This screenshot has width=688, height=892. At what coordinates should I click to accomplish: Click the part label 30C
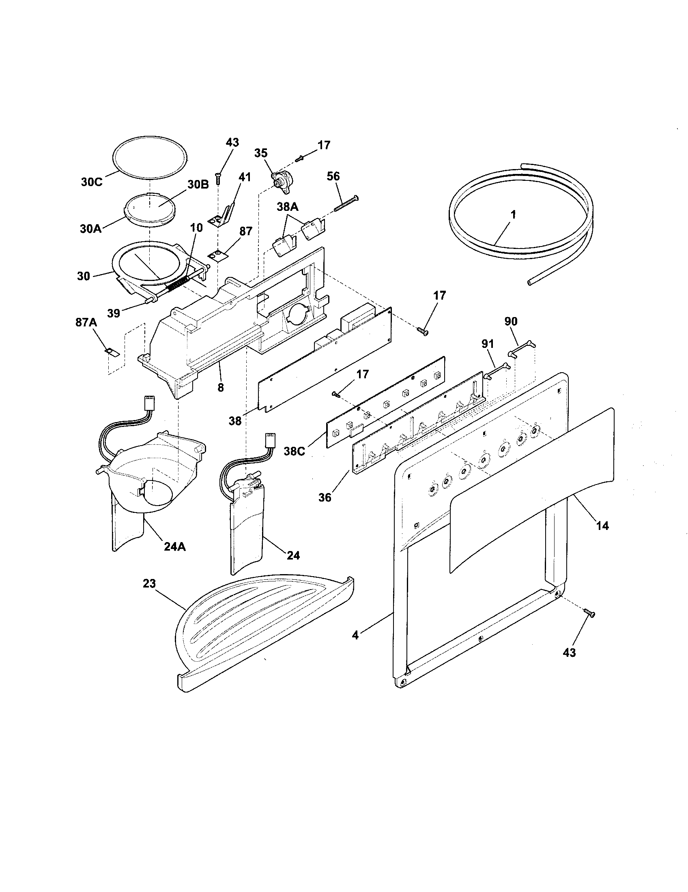[91, 182]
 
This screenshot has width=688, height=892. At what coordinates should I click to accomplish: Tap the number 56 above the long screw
[333, 176]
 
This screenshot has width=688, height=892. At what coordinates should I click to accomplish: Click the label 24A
[175, 547]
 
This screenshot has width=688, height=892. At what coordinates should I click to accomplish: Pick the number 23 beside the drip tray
[149, 583]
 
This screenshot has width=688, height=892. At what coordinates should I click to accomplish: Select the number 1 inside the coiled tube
[513, 214]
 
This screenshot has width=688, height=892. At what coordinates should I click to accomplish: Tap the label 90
[511, 322]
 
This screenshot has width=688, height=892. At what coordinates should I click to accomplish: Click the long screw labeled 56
[346, 204]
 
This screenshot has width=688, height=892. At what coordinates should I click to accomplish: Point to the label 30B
[198, 184]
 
